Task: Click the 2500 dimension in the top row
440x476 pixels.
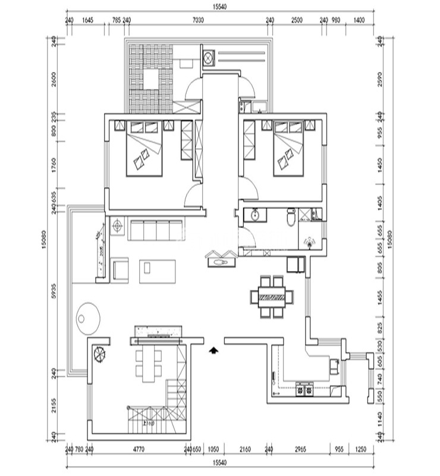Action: (x=297, y=20)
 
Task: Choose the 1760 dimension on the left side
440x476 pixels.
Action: (x=53, y=168)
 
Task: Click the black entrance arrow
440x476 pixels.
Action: (x=212, y=350)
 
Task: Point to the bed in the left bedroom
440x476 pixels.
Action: (x=144, y=154)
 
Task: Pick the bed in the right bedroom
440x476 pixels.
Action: (x=290, y=154)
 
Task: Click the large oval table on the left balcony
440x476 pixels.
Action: (x=87, y=315)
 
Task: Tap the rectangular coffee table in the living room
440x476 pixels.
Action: (x=159, y=271)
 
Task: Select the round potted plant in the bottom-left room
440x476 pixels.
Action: (x=100, y=355)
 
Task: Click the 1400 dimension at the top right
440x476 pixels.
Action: (x=359, y=20)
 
